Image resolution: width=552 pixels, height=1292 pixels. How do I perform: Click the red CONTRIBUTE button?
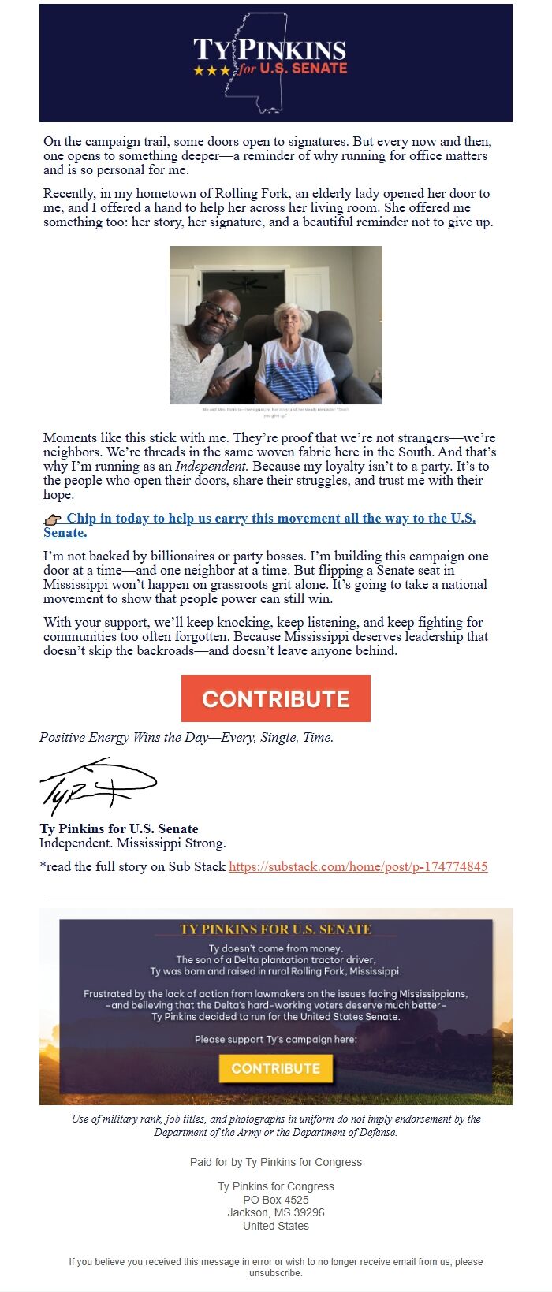click(275, 698)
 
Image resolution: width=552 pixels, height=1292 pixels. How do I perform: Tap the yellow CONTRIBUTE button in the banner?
click(275, 1068)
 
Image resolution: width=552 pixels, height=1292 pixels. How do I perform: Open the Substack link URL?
click(358, 866)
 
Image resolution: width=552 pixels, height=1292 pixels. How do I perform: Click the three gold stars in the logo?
click(212, 71)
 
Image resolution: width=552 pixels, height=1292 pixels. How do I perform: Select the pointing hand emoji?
click(53, 519)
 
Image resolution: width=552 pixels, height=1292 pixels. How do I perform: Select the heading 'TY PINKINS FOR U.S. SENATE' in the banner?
click(275, 929)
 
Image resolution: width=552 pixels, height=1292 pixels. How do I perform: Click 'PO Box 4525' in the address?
click(275, 1200)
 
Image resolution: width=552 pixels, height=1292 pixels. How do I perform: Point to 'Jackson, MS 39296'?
click(275, 1212)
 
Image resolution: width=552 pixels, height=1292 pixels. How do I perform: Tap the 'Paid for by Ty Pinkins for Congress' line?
click(275, 1162)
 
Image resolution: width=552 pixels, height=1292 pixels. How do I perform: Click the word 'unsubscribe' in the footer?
click(275, 1273)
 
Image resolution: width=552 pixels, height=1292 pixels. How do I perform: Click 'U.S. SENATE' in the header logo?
click(304, 69)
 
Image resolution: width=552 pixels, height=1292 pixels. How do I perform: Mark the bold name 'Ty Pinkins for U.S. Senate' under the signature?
click(119, 828)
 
